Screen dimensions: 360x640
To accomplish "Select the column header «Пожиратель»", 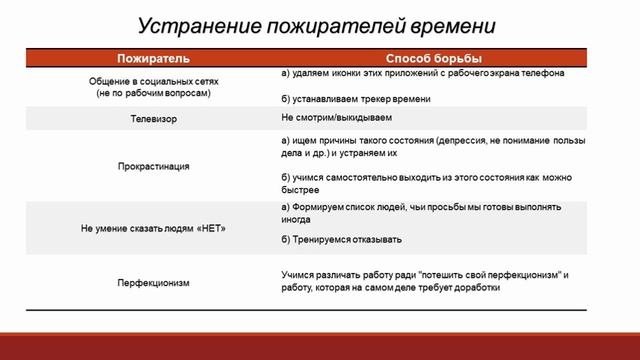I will [x=153, y=59].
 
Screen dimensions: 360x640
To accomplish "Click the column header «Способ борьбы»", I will [x=433, y=59].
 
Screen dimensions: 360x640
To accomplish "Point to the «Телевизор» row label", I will [x=153, y=117].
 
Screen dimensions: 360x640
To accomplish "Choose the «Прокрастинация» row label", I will [x=153, y=166].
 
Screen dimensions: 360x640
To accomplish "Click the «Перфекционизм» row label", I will [x=153, y=282].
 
